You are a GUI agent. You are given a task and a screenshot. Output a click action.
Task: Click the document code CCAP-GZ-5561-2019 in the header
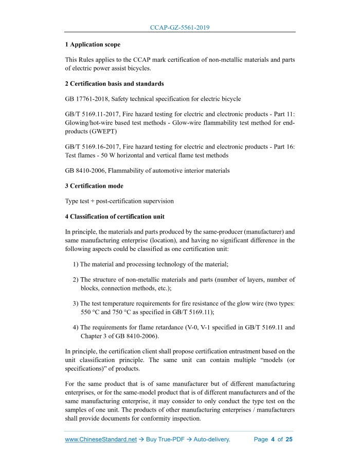[179, 27]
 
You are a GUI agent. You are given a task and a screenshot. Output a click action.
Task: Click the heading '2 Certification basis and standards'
[114, 83]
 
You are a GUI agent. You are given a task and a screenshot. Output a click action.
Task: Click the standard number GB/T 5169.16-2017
[91, 146]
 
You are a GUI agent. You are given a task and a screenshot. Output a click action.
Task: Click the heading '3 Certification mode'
[94, 186]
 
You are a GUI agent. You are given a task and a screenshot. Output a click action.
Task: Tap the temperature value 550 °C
[92, 312]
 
